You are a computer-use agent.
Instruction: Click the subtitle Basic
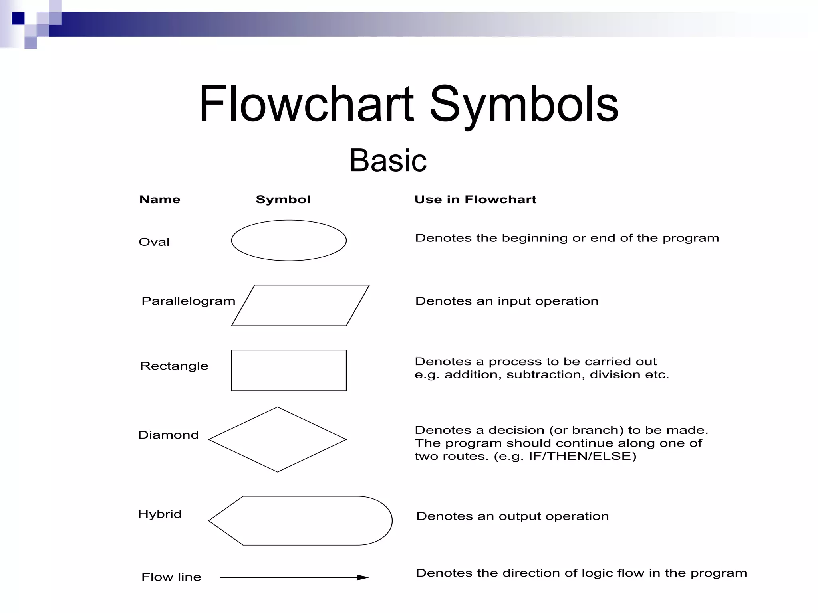pyautogui.click(x=388, y=160)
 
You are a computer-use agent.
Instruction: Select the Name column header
pyautogui.click(x=160, y=199)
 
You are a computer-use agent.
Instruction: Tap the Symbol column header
pyautogui.click(x=283, y=199)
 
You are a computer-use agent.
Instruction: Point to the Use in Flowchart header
pyautogui.click(x=475, y=199)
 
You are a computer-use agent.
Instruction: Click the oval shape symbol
pyautogui.click(x=289, y=241)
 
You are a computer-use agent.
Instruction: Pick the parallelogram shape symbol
pyautogui.click(x=300, y=305)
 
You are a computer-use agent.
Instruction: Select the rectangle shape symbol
pyautogui.click(x=289, y=370)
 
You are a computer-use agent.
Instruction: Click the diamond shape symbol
pyautogui.click(x=277, y=439)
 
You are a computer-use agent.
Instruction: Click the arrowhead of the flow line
pyautogui.click(x=363, y=577)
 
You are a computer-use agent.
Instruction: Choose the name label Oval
pyautogui.click(x=154, y=242)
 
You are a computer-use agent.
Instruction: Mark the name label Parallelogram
pyautogui.click(x=189, y=301)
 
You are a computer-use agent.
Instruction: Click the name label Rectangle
pyautogui.click(x=174, y=366)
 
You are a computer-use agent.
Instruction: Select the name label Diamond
pyautogui.click(x=168, y=435)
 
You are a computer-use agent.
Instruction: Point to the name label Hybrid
pyautogui.click(x=160, y=514)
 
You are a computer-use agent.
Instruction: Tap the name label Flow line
pyautogui.click(x=171, y=577)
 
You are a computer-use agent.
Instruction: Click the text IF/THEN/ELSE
pyautogui.click(x=582, y=456)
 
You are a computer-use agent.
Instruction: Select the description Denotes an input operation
pyautogui.click(x=507, y=301)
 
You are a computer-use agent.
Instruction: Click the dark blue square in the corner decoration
pyautogui.click(x=18, y=18)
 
